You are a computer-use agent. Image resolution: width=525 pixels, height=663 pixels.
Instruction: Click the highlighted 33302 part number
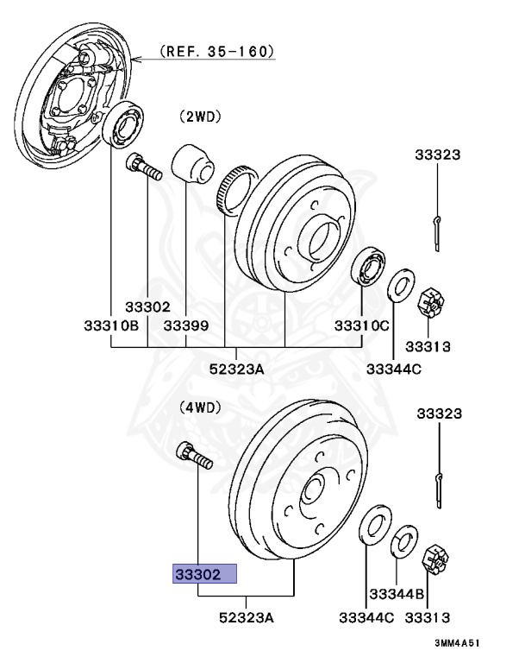[x=204, y=573]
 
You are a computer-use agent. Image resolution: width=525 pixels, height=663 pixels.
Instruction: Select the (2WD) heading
[x=199, y=115]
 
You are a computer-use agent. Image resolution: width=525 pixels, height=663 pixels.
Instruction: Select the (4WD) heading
[x=199, y=406]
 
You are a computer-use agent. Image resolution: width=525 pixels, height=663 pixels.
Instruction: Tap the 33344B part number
[x=397, y=593]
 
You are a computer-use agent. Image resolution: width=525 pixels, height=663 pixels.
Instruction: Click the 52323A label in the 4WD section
[x=247, y=618]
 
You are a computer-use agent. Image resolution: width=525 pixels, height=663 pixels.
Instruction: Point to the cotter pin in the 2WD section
[x=438, y=230]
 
